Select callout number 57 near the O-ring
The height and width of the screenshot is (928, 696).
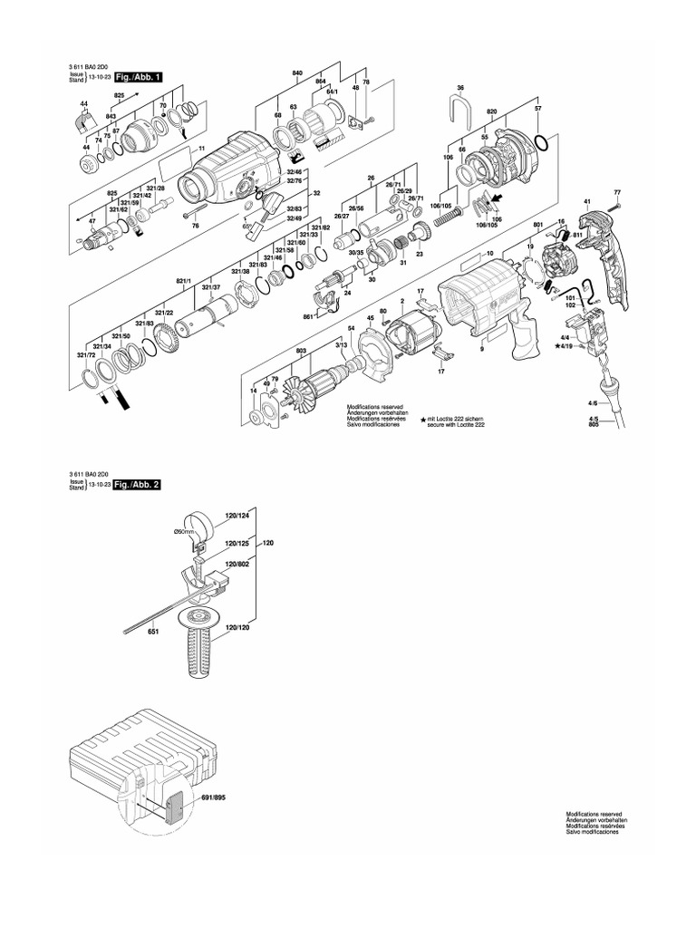[537, 110]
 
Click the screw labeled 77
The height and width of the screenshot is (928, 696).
[617, 193]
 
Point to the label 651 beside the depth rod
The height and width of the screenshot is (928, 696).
[153, 632]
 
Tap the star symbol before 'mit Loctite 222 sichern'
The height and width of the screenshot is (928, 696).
[422, 418]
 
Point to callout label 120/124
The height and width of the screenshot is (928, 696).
[237, 516]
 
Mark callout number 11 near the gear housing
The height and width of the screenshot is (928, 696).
[202, 148]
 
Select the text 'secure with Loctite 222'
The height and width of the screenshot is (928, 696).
[457, 424]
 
